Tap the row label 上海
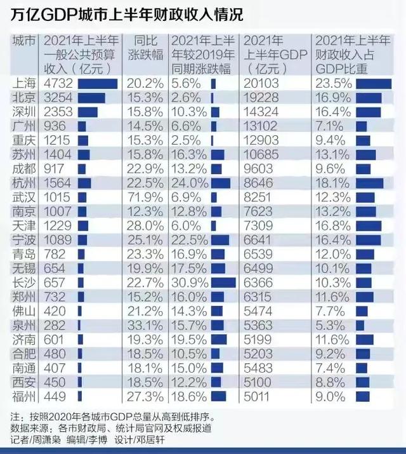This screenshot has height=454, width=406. point(24,84)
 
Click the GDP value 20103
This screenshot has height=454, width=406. point(261,84)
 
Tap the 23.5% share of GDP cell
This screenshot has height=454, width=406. point(333,84)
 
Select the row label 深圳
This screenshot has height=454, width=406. point(24,112)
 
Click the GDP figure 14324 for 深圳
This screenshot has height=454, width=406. point(261,112)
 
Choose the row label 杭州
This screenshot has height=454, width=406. point(24,183)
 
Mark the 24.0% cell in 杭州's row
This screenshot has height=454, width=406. point(186,183)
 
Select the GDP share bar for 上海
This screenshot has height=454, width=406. point(374,84)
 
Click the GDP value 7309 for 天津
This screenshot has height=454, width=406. point(259,225)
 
